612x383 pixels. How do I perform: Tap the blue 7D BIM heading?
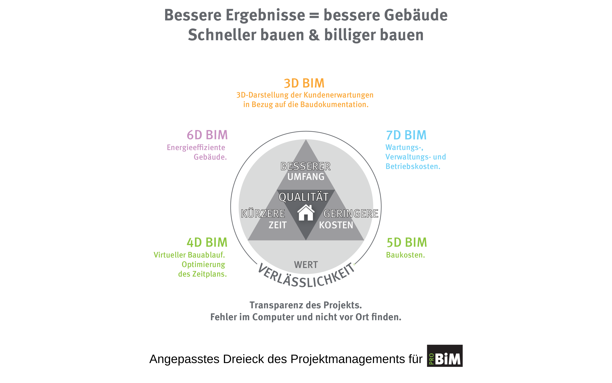406,135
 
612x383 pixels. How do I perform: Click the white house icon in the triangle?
306,213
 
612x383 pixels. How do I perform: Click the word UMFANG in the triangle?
306,177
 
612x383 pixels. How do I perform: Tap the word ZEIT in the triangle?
278,225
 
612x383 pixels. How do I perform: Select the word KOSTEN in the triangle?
336,225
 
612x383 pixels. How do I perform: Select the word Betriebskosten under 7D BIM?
413,166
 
